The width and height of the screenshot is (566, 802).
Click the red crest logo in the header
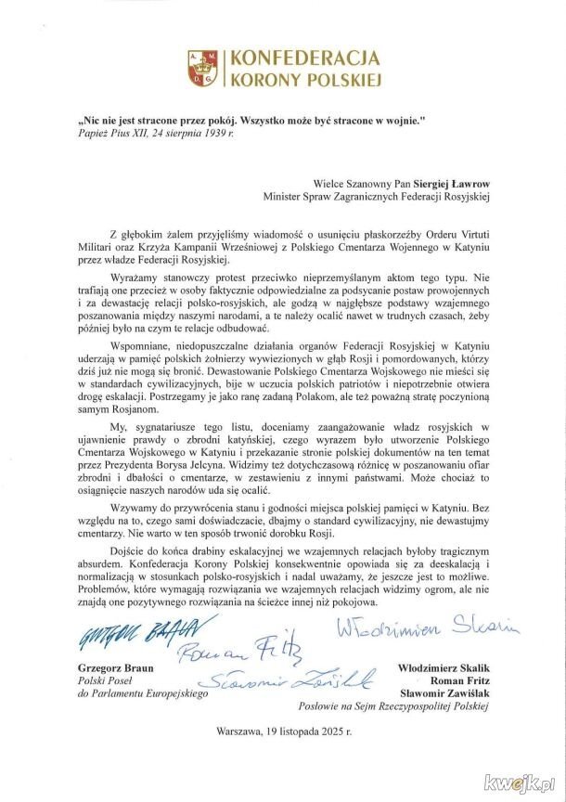tap(205, 69)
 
